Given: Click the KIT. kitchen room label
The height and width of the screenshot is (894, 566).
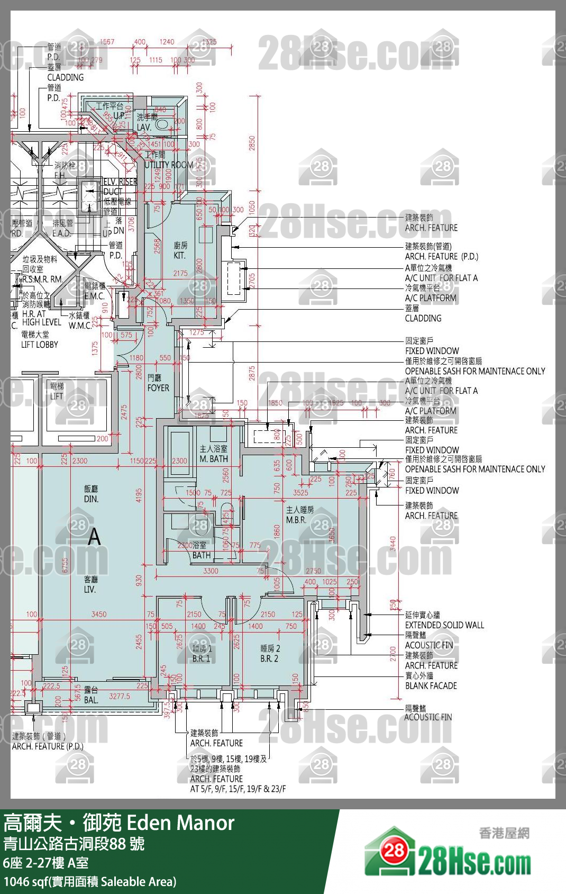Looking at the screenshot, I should [180, 255].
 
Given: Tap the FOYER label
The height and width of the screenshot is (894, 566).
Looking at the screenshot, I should [158, 387].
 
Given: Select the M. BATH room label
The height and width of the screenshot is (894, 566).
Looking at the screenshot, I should [214, 459].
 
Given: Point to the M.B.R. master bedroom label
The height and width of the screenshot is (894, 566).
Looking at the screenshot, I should [296, 520].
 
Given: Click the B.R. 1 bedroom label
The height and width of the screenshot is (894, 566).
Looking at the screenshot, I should [201, 658].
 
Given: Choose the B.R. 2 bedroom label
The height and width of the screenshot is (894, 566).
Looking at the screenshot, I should [269, 658].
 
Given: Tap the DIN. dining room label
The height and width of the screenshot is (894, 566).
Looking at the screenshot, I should [91, 499].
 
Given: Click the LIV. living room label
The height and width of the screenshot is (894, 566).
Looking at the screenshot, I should [90, 589].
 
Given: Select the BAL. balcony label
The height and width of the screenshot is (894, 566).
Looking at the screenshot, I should [90, 700].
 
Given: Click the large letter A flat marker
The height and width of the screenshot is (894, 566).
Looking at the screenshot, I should [94, 537].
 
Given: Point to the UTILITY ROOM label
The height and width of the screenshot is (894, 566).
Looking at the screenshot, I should [168, 165].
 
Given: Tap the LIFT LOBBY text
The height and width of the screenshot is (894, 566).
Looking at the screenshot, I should [40, 345].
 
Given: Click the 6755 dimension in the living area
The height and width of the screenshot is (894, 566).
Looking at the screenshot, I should [66, 565].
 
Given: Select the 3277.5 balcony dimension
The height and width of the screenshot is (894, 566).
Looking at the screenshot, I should [120, 696].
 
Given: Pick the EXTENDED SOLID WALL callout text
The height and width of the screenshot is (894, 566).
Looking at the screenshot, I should [444, 625].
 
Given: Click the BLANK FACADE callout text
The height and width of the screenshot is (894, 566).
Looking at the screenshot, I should [431, 685].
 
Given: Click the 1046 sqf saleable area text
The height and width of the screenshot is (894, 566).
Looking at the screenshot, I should [90, 881].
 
